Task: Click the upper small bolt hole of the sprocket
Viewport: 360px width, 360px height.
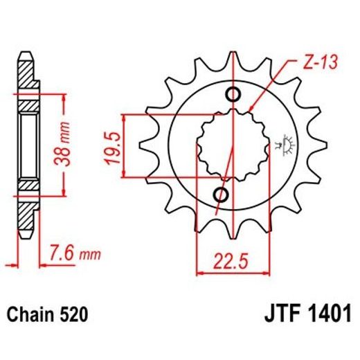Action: [233, 95]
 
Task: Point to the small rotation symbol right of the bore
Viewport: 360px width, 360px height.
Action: [282, 144]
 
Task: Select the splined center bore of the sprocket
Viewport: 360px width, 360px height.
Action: [228, 143]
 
